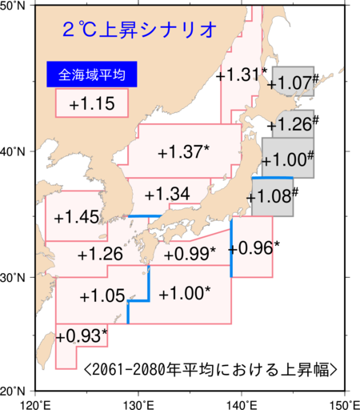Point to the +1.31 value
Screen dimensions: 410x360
pyautogui.click(x=240, y=75)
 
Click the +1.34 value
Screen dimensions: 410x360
pyautogui.click(x=167, y=194)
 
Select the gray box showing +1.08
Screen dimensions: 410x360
pyautogui.click(x=273, y=196)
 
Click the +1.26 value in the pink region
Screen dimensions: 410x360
pyautogui.click(x=101, y=255)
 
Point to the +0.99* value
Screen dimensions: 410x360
pyautogui.click(x=190, y=254)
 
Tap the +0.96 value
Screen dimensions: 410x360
pyautogui.click(x=250, y=248)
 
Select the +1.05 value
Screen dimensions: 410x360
pyautogui.click(x=102, y=295)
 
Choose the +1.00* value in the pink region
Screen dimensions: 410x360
pyautogui.click(x=185, y=293)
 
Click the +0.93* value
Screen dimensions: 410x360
pyautogui.click(x=82, y=335)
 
